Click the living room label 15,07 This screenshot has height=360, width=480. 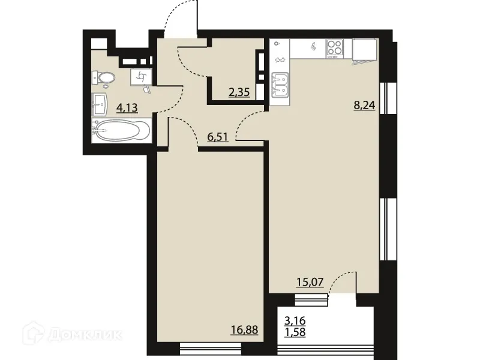coord(310,281)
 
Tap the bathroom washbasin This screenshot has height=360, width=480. coord(100,105)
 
